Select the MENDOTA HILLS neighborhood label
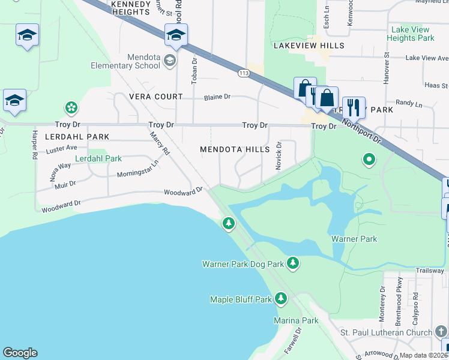pos(235,149)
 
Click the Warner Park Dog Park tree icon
pos(292,263)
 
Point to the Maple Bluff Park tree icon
pos(280,299)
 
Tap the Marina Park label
pos(297,320)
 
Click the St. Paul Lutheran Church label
pos(385,332)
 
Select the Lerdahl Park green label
pos(98,159)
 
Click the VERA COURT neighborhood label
pos(155,97)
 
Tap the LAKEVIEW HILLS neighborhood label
pos(309,46)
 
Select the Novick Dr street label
pos(279,156)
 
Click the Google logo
pos(20,353)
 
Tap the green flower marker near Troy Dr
pos(71,108)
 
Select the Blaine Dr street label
pos(217,97)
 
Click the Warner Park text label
pos(354,239)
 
